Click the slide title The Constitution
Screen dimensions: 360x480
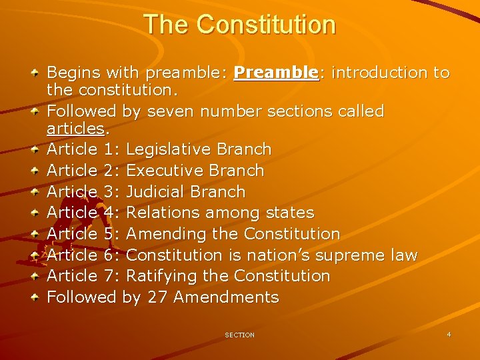(x=239, y=25)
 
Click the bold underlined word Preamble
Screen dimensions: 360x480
(x=277, y=73)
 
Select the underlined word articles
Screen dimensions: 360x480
(x=75, y=127)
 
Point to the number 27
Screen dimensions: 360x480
(x=157, y=297)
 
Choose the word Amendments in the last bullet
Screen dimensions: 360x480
(x=226, y=297)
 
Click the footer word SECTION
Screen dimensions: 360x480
(x=239, y=335)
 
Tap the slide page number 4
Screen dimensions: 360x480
(x=449, y=334)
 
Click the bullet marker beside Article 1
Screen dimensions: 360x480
(x=37, y=149)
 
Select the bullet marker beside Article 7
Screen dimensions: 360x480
(x=37, y=276)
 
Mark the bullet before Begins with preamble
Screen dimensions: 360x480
(x=37, y=73)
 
